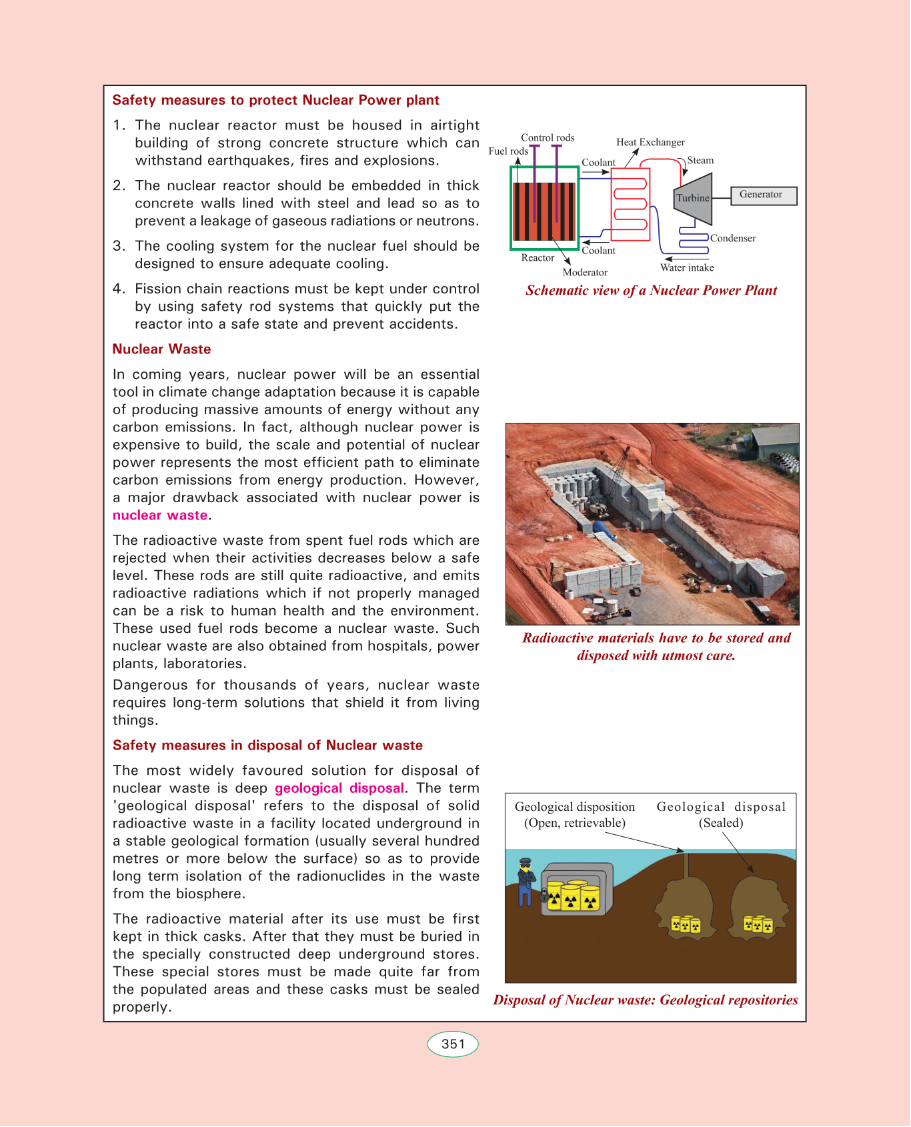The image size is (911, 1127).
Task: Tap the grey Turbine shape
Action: tap(694, 199)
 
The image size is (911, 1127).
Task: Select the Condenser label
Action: tap(733, 238)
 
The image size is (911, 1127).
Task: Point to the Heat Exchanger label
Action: tap(650, 142)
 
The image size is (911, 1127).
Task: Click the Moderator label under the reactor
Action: tap(585, 272)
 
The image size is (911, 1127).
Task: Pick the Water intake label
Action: tap(687, 267)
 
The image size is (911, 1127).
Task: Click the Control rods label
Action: tap(548, 137)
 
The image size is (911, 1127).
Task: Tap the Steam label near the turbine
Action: tap(700, 160)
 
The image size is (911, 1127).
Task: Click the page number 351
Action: tap(453, 1044)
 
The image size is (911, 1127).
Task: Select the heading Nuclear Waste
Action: tap(161, 349)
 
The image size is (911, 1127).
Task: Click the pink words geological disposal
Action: tap(339, 788)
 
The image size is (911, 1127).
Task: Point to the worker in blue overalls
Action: tap(526, 882)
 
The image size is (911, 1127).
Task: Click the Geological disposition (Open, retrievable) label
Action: tap(575, 814)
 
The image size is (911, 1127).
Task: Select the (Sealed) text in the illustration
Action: tap(721, 823)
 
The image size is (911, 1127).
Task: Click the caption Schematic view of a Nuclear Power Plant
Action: tap(651, 290)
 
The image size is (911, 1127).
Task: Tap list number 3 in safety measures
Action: tap(119, 246)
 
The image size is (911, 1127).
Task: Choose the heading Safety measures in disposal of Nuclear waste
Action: tap(267, 746)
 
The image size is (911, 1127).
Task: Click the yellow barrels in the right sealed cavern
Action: tap(758, 925)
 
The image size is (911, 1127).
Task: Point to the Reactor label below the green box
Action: tap(538, 257)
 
